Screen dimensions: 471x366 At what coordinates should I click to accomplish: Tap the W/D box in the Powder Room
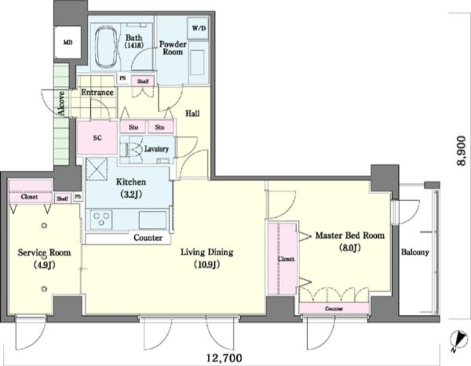(198, 28)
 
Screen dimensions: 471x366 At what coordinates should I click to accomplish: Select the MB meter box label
(68, 42)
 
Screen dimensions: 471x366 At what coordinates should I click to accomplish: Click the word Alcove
(61, 104)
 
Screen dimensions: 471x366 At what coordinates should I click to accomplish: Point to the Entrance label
(97, 92)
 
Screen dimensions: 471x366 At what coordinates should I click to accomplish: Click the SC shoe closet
(97, 138)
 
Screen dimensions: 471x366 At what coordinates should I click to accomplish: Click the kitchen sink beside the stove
(152, 220)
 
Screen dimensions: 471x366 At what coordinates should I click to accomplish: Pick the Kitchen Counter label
(148, 238)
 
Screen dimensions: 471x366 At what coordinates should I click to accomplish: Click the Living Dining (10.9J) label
(207, 258)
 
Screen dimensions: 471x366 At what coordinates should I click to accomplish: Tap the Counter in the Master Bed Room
(334, 308)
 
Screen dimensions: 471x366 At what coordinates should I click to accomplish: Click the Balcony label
(415, 252)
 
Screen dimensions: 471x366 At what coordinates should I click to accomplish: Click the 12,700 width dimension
(224, 358)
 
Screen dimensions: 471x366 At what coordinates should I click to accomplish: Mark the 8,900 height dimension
(461, 151)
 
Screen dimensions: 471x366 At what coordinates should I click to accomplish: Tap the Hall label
(193, 114)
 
